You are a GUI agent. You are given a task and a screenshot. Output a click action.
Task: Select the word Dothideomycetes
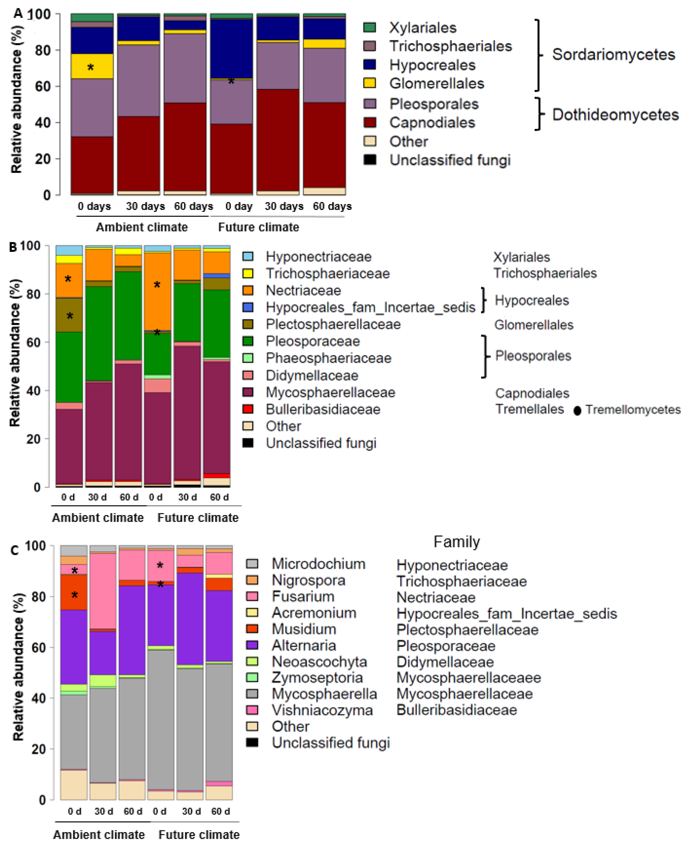coord(615,115)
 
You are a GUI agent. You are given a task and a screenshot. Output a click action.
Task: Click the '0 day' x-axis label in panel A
coord(239,206)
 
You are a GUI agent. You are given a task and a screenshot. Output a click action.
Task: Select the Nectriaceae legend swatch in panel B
coord(248,290)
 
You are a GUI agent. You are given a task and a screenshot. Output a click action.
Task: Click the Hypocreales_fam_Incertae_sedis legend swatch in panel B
coord(248,307)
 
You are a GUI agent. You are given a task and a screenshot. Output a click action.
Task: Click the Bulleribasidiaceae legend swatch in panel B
coord(248,409)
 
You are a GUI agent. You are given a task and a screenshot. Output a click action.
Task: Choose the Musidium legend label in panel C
coord(304,629)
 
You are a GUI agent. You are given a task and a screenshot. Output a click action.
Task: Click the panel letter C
coord(15,551)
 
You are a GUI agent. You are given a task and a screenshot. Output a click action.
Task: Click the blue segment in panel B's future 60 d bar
coord(216,275)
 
